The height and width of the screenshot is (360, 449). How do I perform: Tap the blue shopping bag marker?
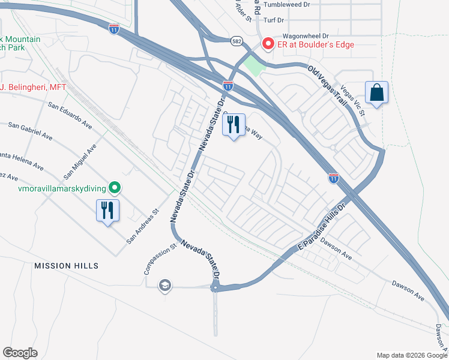[x=376, y=93]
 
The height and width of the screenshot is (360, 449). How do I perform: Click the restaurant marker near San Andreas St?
[x=108, y=211]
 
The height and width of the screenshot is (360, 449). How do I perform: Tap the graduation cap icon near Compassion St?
[x=164, y=286]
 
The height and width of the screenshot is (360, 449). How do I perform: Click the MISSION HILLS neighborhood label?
[x=66, y=265]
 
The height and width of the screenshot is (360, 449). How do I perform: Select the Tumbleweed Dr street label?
[x=289, y=4]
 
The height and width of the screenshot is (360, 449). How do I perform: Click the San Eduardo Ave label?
[x=70, y=116]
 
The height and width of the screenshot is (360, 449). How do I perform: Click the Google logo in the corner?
[x=20, y=353]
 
